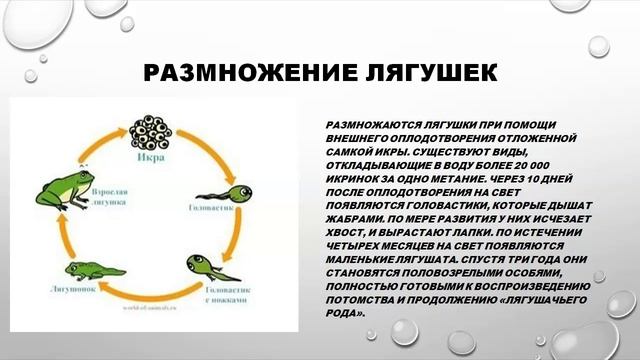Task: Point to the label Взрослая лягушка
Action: [x=111, y=194]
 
